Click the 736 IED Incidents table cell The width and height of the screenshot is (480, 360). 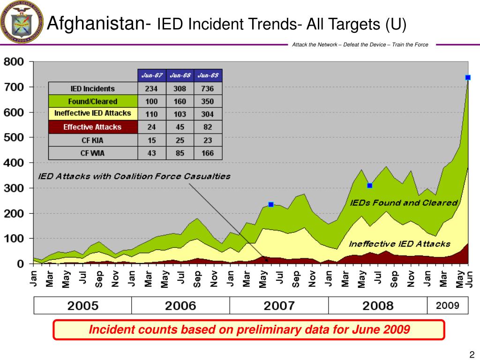[x=208, y=89]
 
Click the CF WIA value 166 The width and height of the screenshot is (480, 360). [x=208, y=153]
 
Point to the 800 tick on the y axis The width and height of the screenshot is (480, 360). [x=14, y=61]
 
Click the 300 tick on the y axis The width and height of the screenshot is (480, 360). [x=14, y=188]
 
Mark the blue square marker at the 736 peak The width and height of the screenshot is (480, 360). [x=468, y=77]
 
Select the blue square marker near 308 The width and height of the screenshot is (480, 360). [x=370, y=186]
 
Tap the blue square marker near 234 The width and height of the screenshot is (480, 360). [x=271, y=204]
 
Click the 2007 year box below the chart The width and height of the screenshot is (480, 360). [x=279, y=306]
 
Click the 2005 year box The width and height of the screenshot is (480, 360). [x=83, y=306]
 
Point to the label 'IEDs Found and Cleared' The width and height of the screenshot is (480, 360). [x=404, y=203]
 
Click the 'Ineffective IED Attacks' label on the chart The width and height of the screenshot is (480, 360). [x=399, y=244]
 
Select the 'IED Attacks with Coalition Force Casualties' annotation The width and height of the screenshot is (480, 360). [x=134, y=177]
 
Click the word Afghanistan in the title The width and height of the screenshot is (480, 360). [x=96, y=22]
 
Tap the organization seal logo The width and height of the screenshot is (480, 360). [x=21, y=22]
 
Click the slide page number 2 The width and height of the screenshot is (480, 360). [x=472, y=354]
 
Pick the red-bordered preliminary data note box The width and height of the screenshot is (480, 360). [x=248, y=330]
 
